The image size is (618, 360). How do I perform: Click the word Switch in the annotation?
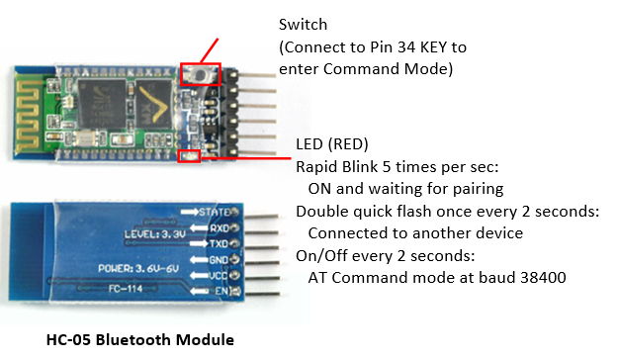click(303, 25)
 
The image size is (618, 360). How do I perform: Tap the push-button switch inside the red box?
click(201, 74)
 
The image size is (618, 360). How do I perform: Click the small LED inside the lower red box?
click(189, 156)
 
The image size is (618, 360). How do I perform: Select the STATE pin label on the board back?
click(214, 212)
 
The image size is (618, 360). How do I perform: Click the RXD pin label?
click(220, 228)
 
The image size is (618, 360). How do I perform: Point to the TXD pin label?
click(219, 244)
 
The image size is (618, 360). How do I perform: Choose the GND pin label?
click(219, 260)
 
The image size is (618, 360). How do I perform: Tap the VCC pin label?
click(219, 275)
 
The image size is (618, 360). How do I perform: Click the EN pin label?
click(221, 291)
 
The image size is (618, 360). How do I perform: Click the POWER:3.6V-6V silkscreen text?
click(138, 269)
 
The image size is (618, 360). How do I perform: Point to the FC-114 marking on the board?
click(126, 289)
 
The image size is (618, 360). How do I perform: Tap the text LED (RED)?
click(332, 144)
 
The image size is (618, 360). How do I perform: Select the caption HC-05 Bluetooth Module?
click(140, 340)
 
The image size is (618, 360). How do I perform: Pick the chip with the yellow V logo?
click(154, 104)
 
